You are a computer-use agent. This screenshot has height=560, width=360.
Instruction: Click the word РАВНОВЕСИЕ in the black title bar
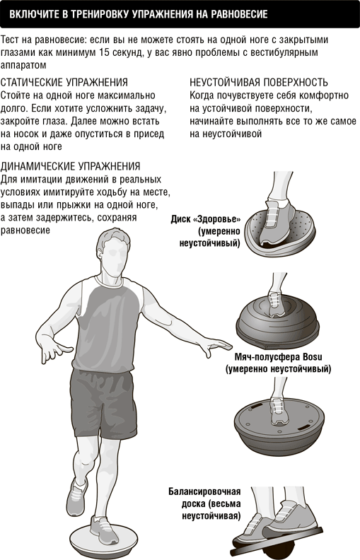click(x=236, y=14)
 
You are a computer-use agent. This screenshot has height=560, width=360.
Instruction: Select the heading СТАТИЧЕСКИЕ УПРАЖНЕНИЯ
click(x=64, y=83)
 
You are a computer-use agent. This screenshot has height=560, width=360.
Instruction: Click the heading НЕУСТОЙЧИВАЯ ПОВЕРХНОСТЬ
click(x=259, y=83)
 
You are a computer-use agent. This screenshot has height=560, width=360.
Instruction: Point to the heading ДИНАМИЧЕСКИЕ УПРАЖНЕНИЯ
click(x=70, y=166)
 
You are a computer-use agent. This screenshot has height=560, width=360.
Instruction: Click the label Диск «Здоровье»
click(x=206, y=219)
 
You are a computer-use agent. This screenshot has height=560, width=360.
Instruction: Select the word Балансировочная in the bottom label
click(x=204, y=491)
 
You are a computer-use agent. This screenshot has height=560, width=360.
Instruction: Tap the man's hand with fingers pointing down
click(x=54, y=352)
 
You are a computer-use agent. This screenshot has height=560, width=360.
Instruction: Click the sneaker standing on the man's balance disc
click(x=103, y=530)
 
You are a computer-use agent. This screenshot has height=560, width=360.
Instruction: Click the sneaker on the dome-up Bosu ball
click(x=276, y=305)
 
